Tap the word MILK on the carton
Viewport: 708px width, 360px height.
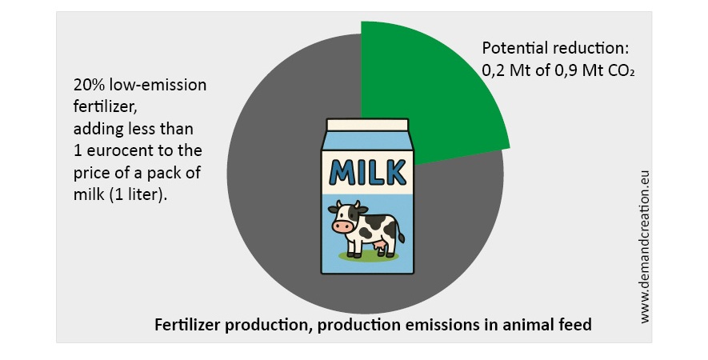367,172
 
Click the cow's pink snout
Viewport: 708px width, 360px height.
343,226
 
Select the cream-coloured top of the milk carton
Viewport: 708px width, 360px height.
367,125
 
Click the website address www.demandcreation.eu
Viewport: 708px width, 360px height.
645,246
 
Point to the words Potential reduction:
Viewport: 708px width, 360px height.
555,48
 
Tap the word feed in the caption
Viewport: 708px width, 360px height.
576,324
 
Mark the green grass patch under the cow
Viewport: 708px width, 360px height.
369,256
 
